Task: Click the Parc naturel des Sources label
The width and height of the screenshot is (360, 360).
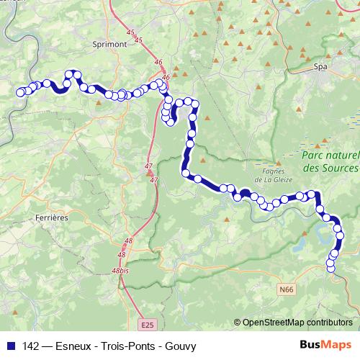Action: (330, 162)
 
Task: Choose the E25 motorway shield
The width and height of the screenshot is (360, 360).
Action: (148, 325)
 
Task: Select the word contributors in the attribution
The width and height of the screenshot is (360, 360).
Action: (330, 323)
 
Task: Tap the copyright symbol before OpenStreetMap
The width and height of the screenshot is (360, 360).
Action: (238, 323)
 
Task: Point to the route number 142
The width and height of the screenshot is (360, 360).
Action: (30, 346)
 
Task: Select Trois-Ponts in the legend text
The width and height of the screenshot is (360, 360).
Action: (125, 346)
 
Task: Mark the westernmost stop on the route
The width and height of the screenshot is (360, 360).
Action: (21, 91)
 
